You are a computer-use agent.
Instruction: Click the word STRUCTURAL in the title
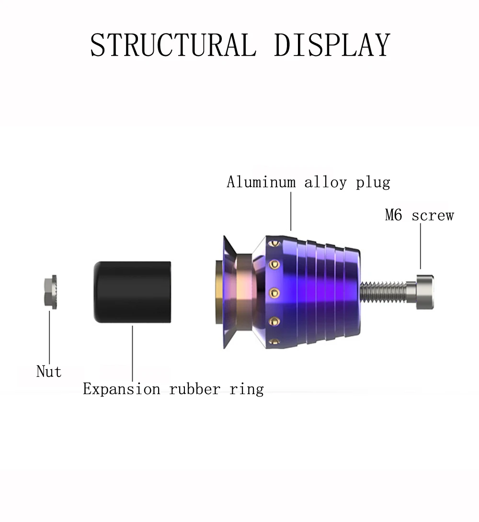[173, 45]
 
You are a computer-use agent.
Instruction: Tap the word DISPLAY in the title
[332, 45]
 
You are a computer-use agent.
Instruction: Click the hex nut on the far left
[51, 292]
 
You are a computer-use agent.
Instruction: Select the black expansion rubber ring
[133, 292]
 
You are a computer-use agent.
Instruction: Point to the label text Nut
[49, 371]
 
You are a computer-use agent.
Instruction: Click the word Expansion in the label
[122, 389]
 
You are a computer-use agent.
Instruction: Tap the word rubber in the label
[195, 389]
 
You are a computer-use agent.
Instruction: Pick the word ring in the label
[247, 389]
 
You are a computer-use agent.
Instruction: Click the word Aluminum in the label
[261, 182]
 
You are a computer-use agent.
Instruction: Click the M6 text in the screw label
[393, 215]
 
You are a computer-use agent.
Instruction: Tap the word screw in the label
[433, 216]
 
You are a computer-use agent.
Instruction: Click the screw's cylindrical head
[425, 292]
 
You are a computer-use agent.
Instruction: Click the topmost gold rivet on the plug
[274, 243]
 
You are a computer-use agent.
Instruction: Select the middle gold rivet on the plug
[274, 293]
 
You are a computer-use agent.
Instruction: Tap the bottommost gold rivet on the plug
[274, 341]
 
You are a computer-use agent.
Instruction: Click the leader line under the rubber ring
[133, 353]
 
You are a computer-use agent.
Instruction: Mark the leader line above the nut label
[50, 337]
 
